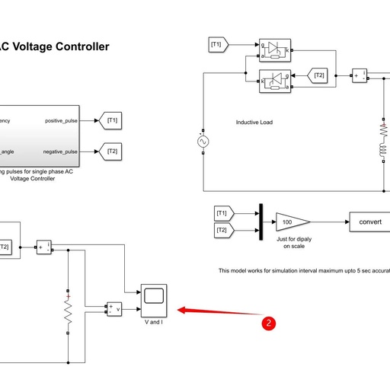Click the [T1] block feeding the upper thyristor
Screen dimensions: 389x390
click(x=216, y=45)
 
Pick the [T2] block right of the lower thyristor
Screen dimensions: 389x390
click(x=319, y=75)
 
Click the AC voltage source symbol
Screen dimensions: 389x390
click(x=203, y=142)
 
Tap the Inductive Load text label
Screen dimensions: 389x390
click(x=254, y=123)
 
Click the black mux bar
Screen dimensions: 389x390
click(x=260, y=222)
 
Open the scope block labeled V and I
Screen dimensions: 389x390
click(x=155, y=300)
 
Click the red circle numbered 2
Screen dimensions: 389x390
click(x=269, y=322)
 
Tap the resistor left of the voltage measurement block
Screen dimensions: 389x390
click(x=68, y=311)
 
